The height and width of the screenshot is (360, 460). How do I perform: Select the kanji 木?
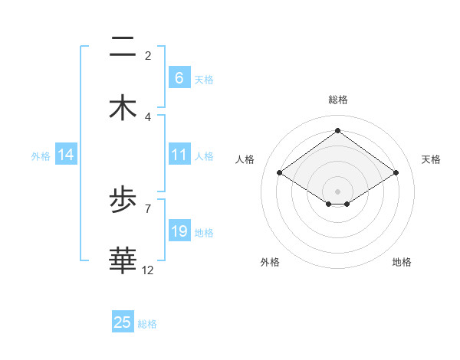coord(123,108)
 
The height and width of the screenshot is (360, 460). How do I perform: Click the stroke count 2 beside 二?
coord(147,55)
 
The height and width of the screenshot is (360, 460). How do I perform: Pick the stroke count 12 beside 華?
coord(148,270)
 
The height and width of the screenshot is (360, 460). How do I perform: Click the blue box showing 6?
coord(179,78)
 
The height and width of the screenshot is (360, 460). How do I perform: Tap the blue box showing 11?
coord(179,155)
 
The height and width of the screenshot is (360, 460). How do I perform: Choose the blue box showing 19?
coord(179,231)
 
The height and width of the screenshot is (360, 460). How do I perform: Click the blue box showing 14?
coord(66,155)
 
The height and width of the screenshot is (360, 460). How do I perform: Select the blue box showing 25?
coord(123,322)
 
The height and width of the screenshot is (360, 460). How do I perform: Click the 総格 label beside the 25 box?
coord(147,324)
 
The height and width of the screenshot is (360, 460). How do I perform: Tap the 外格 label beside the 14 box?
coord(41,155)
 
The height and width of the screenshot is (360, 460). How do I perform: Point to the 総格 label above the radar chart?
coord(338,100)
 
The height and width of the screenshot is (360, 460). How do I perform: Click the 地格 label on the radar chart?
coord(402,262)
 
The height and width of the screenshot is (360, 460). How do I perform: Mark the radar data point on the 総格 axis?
coord(337,131)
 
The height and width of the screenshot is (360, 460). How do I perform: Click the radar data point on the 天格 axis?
coord(396,173)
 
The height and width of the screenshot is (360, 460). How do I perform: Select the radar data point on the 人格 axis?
coord(280,173)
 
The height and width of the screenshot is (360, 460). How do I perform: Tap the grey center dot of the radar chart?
coord(337,191)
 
